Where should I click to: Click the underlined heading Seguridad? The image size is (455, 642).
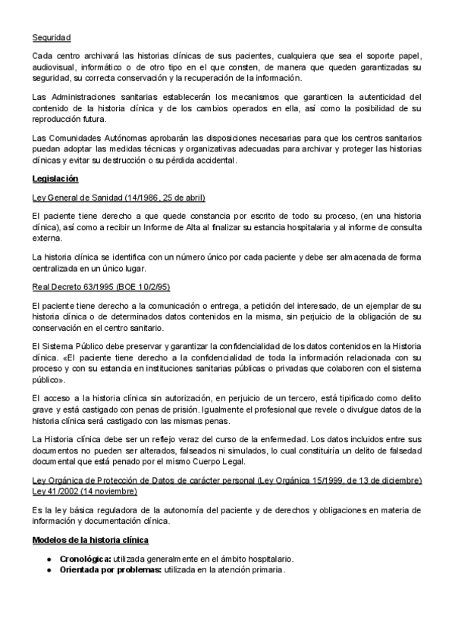[52, 37]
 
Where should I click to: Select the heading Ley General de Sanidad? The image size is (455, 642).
[119, 198]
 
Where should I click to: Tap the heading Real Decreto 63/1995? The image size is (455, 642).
[101, 287]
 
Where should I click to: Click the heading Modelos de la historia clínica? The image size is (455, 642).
[90, 540]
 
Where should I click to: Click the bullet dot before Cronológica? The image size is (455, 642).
[49, 559]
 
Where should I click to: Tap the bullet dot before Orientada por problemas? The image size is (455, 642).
[49, 569]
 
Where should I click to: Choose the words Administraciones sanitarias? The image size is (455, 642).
[97, 97]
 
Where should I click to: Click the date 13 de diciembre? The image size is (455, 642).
[389, 481]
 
